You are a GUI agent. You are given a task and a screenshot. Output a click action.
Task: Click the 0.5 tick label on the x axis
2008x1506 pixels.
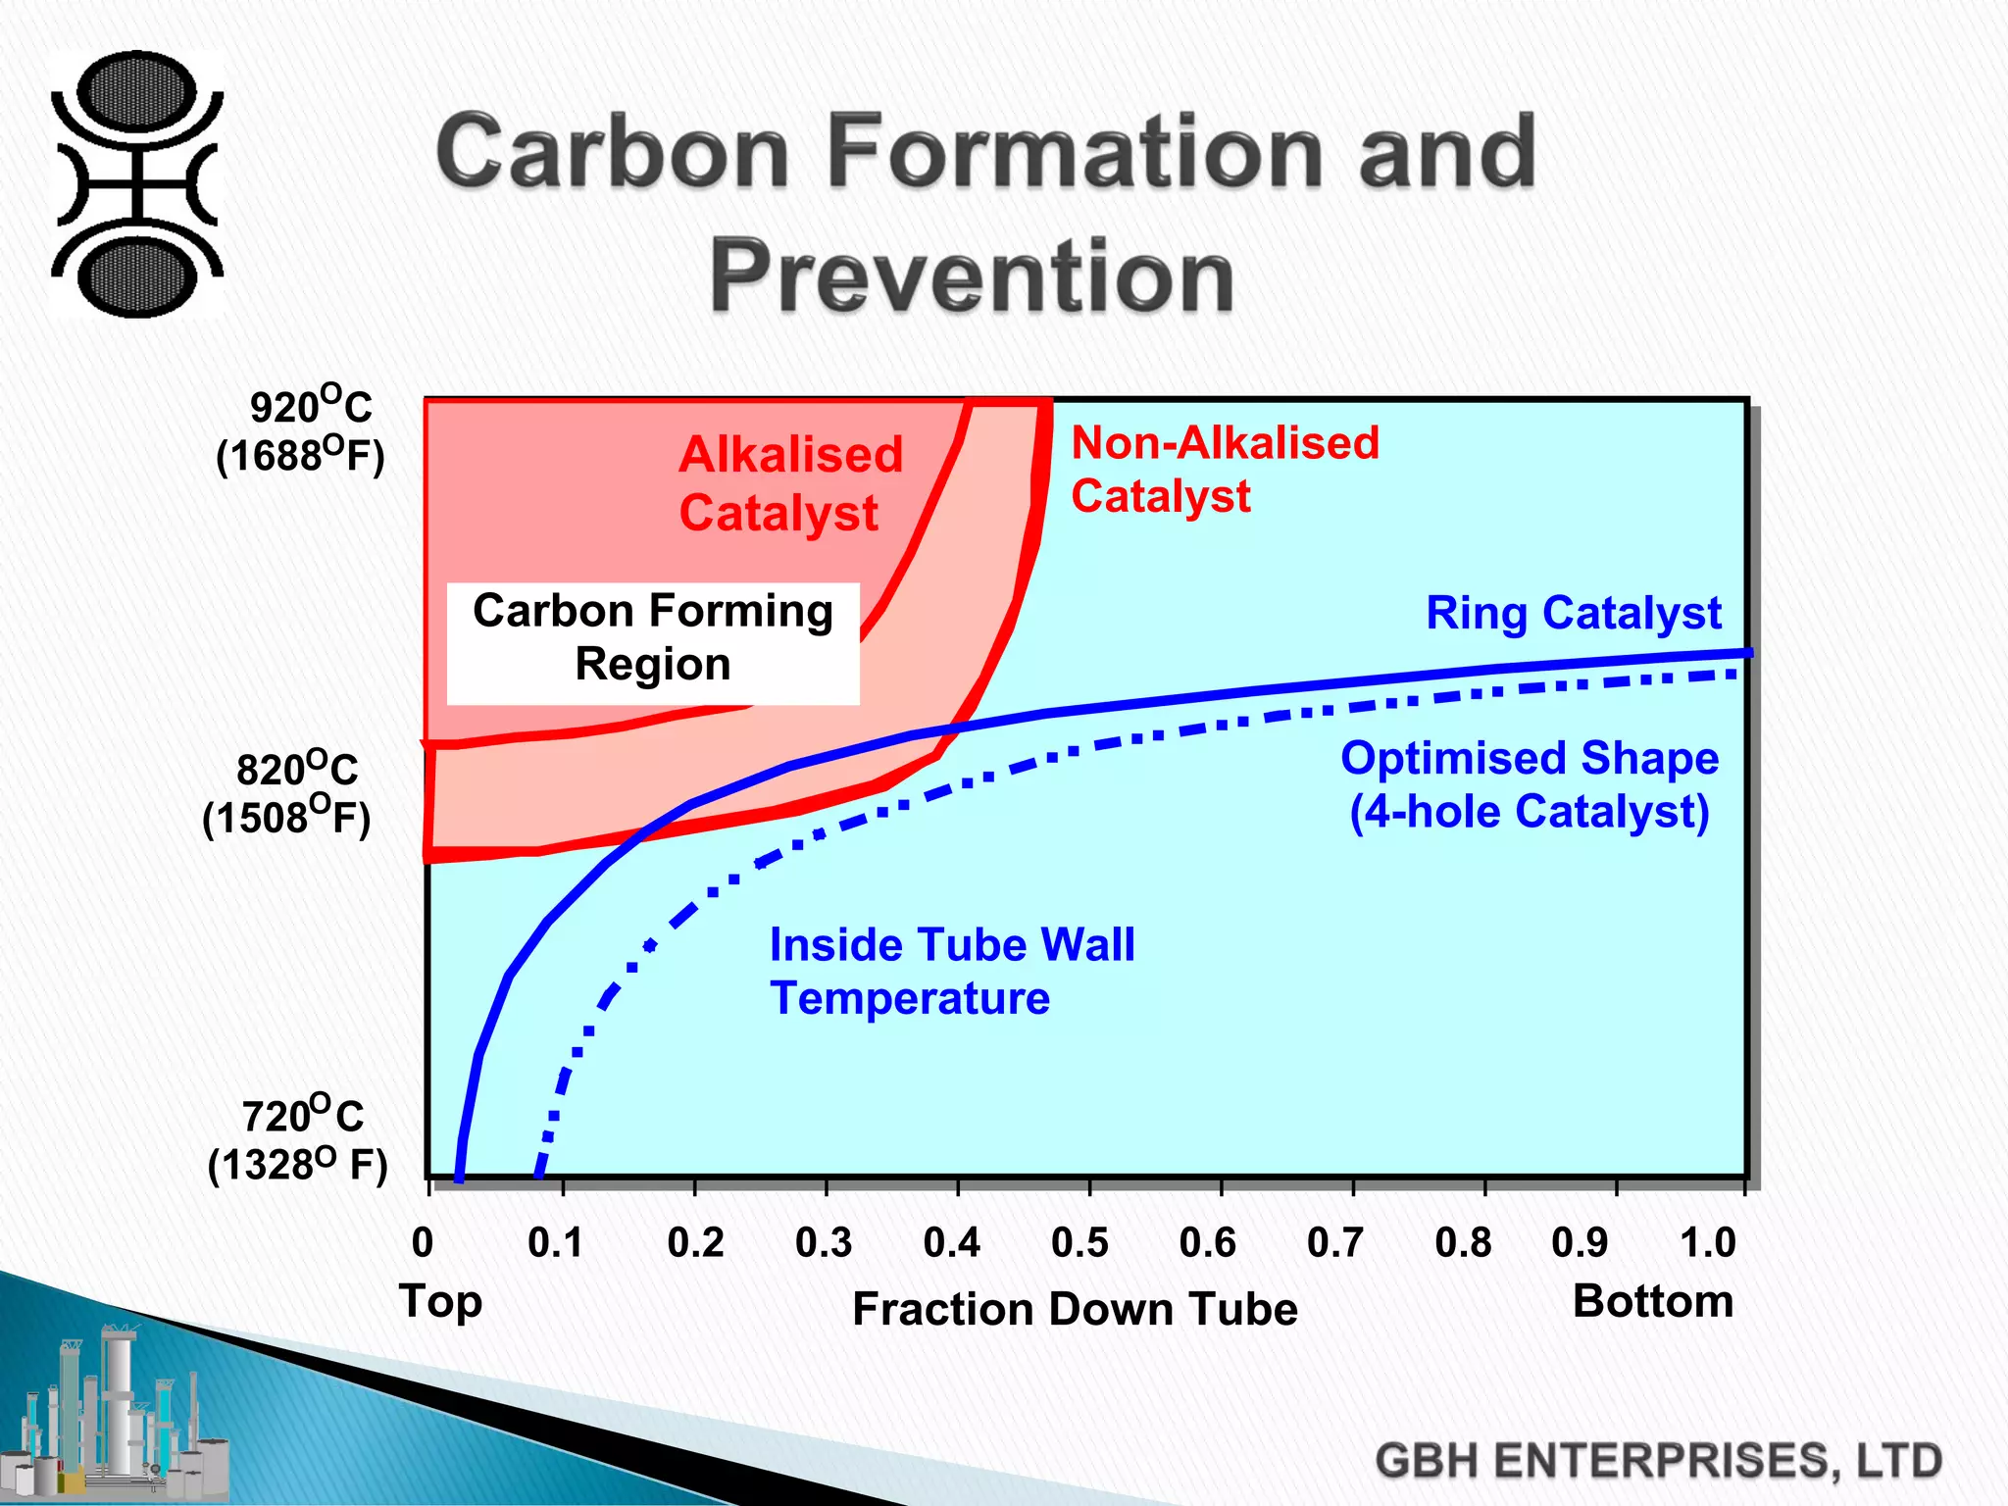tap(1079, 1242)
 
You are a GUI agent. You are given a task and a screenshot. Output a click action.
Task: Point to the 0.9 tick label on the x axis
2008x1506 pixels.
tap(1580, 1242)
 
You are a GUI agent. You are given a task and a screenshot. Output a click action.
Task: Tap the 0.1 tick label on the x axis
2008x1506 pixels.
tap(555, 1242)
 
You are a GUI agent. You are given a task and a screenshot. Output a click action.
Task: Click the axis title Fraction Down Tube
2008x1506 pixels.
tap(1075, 1309)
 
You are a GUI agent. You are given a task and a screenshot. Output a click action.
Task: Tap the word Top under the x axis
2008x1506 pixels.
tap(440, 1301)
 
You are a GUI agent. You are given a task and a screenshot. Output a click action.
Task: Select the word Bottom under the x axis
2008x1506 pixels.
tap(1653, 1301)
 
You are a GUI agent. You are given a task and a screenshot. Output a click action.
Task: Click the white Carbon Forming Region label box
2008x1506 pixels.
tap(653, 642)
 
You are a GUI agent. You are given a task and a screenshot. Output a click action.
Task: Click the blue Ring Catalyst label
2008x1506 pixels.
tap(1573, 613)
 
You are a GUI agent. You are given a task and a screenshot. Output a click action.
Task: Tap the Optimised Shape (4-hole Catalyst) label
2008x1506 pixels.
tap(1530, 784)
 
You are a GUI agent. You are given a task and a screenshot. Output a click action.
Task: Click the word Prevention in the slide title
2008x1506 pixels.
tap(971, 276)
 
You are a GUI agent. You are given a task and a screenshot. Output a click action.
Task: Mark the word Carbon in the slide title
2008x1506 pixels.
tap(614, 152)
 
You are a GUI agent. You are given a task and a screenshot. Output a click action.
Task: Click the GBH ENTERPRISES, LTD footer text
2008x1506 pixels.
tap(1657, 1461)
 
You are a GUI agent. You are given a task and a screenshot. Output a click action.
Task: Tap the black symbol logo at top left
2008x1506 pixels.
tap(137, 184)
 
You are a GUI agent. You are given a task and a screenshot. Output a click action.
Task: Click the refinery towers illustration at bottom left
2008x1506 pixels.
tap(118, 1417)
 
